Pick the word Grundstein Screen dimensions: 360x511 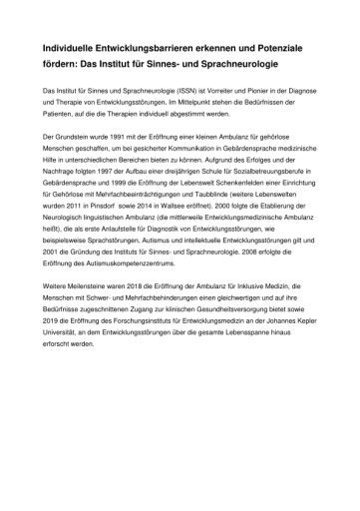77,162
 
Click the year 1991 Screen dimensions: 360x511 127,162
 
